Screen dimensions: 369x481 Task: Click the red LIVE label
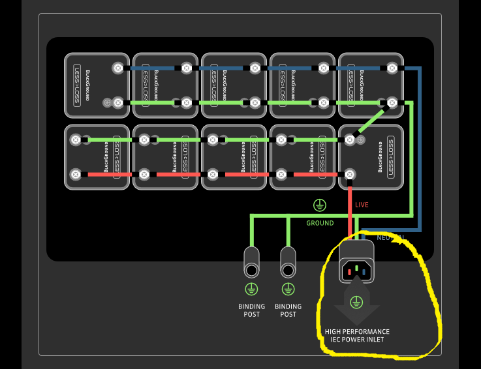[x=362, y=205]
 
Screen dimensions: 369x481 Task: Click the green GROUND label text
[x=320, y=223]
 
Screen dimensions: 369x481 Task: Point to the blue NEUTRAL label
[x=391, y=237]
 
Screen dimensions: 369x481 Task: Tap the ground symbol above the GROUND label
[x=319, y=206]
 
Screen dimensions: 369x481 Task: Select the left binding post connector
[x=251, y=262]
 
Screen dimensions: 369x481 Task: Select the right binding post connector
[x=288, y=262]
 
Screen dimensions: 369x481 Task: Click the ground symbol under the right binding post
[x=288, y=288]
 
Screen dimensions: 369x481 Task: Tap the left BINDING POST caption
[x=251, y=310]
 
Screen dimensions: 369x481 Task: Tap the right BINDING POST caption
[x=288, y=310]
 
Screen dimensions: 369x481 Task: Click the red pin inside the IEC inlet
[x=347, y=270]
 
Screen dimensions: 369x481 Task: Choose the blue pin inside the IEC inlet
[x=365, y=270]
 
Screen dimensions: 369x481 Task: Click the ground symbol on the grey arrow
[x=356, y=302]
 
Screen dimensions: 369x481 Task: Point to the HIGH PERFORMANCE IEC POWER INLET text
[x=357, y=335]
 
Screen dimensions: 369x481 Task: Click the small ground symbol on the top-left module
[x=107, y=102]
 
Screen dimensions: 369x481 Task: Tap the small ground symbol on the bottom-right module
[x=360, y=140]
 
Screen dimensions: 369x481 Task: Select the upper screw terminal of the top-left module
[x=118, y=68]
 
